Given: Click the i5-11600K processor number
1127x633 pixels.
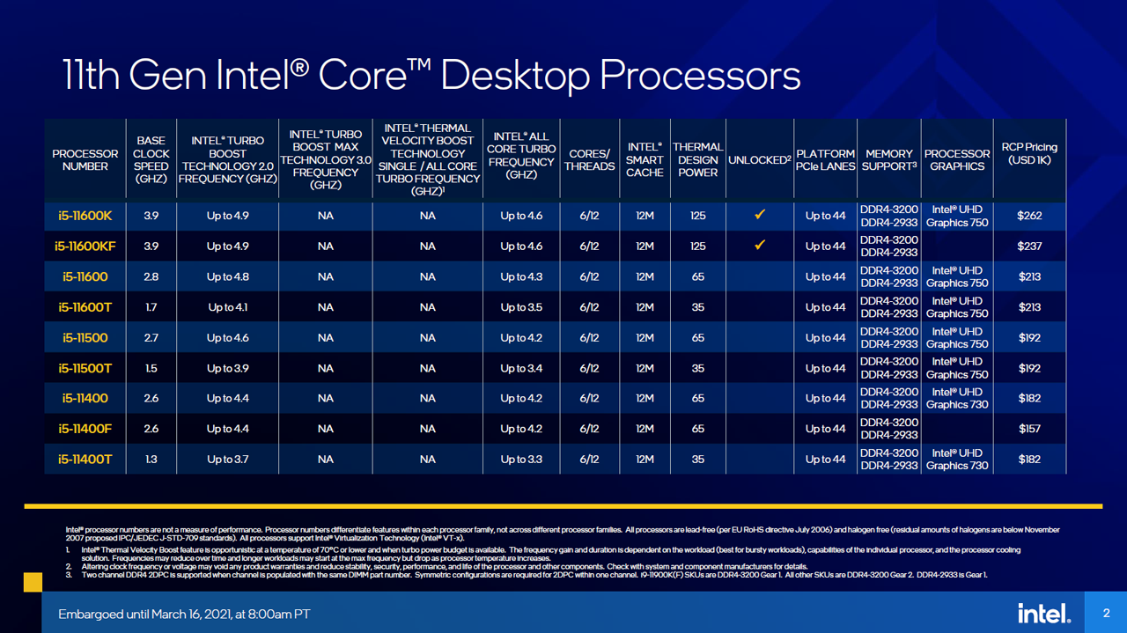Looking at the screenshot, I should (x=85, y=216).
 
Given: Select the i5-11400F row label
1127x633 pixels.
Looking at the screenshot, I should (x=85, y=429).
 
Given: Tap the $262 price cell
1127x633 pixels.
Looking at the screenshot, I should (x=1029, y=216).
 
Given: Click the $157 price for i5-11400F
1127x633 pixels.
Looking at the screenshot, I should (x=1029, y=429).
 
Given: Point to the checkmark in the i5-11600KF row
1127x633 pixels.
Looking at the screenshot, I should (x=760, y=246).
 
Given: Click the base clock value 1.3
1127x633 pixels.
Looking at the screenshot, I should (x=151, y=460).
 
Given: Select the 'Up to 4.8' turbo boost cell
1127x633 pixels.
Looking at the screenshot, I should (x=227, y=276).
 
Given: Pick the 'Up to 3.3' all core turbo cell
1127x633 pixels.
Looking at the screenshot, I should (x=521, y=460).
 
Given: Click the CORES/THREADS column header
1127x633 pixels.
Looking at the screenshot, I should (x=589, y=160).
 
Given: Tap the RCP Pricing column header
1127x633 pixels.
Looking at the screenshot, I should (x=1029, y=153).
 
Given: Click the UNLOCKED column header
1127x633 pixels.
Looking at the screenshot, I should (x=760, y=160).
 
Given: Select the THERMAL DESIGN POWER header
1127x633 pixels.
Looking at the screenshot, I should (x=697, y=159).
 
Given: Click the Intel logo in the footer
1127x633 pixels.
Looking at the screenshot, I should (x=1044, y=614).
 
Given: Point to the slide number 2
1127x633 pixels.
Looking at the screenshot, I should (x=1106, y=613).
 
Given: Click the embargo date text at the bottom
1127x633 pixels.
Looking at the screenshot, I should (x=184, y=614).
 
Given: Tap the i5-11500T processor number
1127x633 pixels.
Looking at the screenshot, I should (x=85, y=368).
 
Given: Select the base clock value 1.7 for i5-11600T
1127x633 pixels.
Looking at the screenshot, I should (x=151, y=307).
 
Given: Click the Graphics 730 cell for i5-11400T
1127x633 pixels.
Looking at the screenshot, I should (x=957, y=460).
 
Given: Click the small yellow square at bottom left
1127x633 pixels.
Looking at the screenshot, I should (x=33, y=582).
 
